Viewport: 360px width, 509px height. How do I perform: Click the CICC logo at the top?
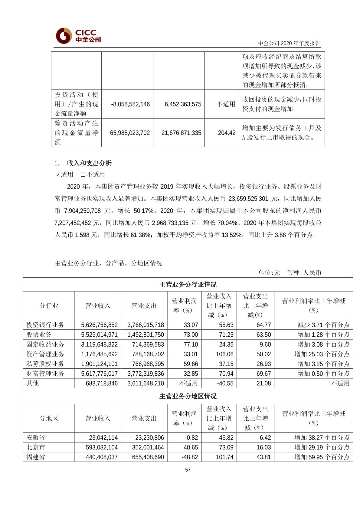pyautogui.click(x=78, y=36)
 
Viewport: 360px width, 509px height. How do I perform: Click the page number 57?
pyautogui.click(x=188, y=470)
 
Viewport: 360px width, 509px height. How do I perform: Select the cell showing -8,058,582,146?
pyautogui.click(x=130, y=104)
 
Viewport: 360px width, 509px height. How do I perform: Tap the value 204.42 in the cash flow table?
pyautogui.click(x=227, y=133)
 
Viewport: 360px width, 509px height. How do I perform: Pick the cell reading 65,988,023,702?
pyautogui.click(x=130, y=133)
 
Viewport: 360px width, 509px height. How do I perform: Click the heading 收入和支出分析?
pyautogui.click(x=89, y=163)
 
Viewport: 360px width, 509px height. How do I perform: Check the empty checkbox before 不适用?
pyautogui.click(x=83, y=175)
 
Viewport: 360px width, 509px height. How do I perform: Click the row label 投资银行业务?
pyautogui.click(x=45, y=325)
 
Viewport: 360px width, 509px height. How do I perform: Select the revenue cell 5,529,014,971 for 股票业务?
pyautogui.click(x=99, y=334)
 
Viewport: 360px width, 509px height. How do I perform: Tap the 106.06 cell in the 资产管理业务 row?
pyautogui.click(x=224, y=354)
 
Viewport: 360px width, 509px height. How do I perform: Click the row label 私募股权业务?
pyautogui.click(x=45, y=364)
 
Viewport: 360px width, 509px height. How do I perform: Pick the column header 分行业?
pyautogui.click(x=49, y=305)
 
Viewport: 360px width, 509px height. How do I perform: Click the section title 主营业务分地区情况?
pyautogui.click(x=188, y=396)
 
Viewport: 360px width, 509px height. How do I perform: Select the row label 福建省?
pyautogui.click(x=35, y=457)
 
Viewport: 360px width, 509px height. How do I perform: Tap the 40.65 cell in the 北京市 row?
pyautogui.click(x=191, y=447)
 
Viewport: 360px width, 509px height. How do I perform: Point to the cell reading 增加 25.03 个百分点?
pyautogui.click(x=322, y=354)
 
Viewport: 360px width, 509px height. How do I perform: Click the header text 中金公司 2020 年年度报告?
pyautogui.click(x=289, y=43)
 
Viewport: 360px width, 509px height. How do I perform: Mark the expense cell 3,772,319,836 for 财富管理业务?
pyautogui.click(x=146, y=374)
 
